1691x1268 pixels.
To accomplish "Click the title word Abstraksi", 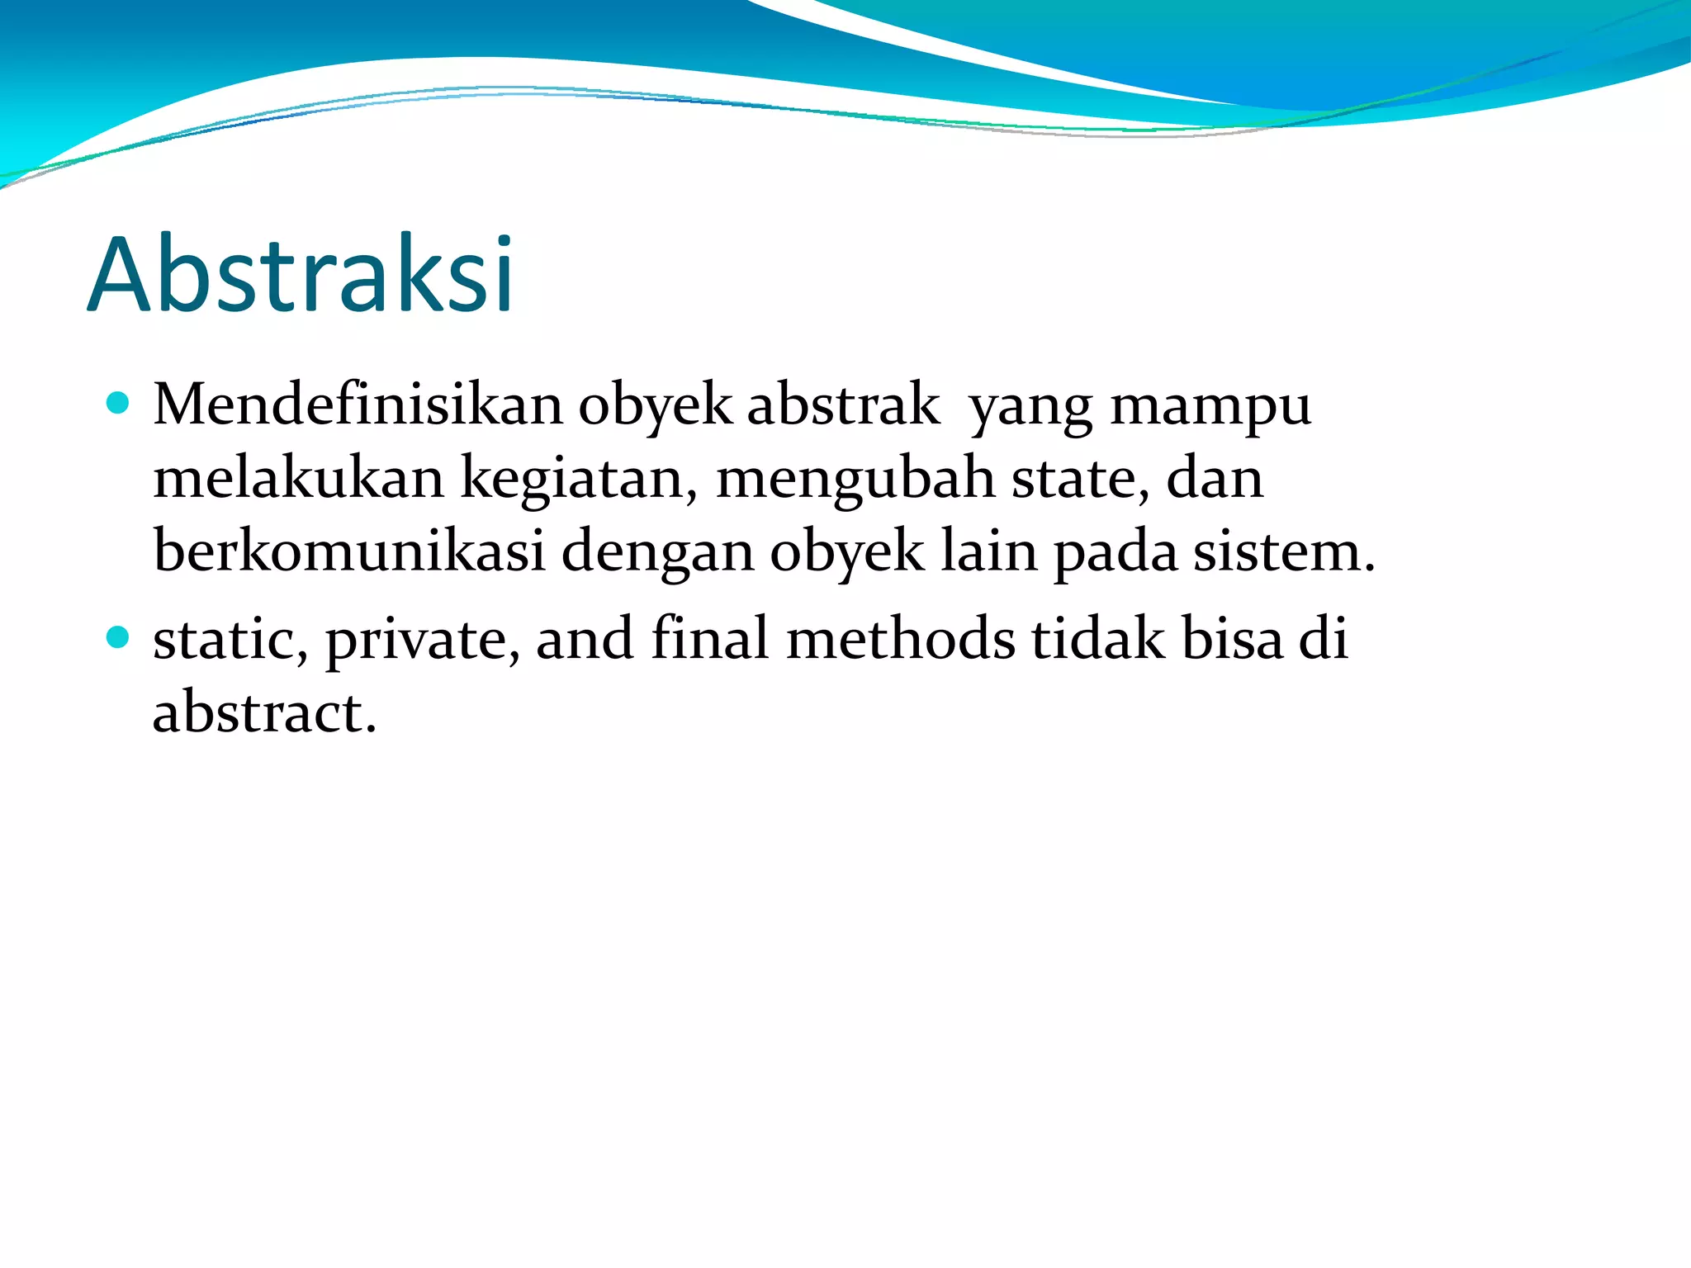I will click(301, 274).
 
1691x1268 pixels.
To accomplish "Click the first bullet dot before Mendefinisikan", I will click(119, 404).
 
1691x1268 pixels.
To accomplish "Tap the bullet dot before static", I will click(119, 637).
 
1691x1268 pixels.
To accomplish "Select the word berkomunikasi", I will click(349, 551).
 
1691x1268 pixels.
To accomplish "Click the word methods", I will click(901, 639).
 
